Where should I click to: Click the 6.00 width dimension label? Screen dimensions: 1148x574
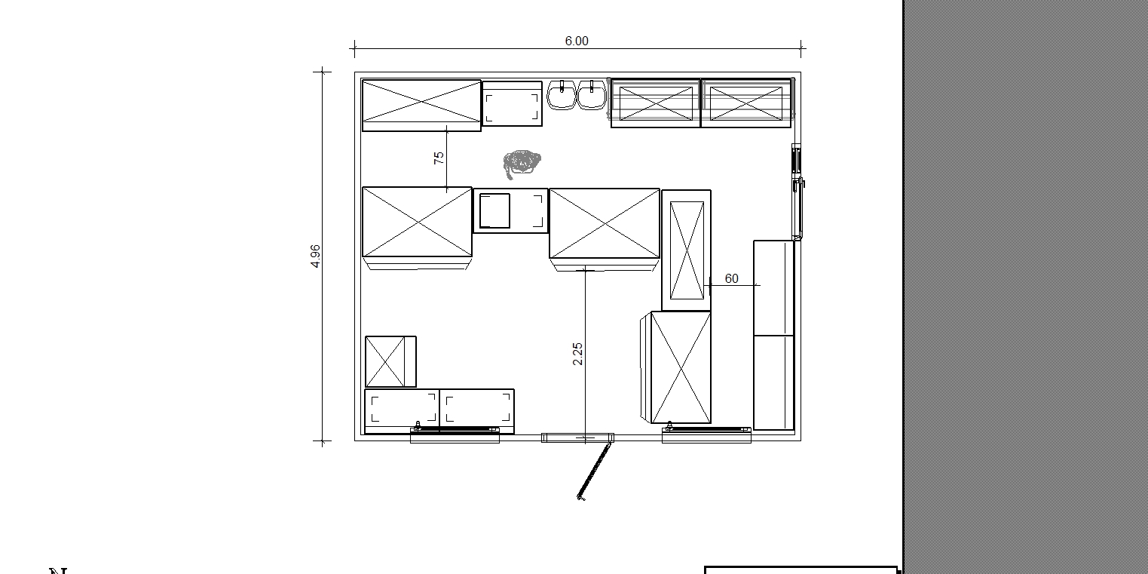577,41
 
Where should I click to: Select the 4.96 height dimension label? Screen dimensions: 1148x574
315,256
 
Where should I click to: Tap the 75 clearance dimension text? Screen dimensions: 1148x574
439,158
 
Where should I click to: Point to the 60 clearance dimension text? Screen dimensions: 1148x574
731,278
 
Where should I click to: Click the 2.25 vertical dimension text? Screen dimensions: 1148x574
577,354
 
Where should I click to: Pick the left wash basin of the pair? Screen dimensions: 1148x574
562,95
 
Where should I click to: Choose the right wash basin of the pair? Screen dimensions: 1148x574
592,95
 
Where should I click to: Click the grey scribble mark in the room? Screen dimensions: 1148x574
522,163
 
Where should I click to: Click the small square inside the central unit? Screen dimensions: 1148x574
494,210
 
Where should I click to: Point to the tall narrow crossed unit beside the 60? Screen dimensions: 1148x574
687,250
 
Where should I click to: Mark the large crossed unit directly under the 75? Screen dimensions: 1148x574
417,222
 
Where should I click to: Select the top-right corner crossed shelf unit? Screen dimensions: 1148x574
746,103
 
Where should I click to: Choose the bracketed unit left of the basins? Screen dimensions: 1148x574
512,103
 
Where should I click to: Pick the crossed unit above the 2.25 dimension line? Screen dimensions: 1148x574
605,224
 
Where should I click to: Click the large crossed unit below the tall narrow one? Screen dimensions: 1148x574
681,367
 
